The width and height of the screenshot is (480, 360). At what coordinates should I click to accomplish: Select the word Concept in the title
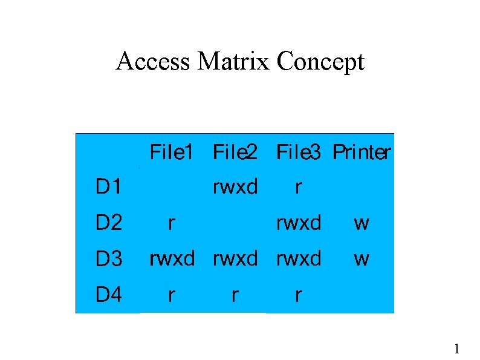coord(320,62)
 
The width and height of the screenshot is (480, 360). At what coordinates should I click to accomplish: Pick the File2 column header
coord(235,152)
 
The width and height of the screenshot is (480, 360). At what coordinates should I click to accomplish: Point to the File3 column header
coord(299,152)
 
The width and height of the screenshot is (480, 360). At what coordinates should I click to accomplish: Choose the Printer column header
coord(362,152)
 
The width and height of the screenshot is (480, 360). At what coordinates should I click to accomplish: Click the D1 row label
coord(108,188)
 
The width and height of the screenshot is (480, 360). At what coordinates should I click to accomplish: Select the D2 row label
coord(109,224)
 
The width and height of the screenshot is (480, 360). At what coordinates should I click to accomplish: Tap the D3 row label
coord(109,260)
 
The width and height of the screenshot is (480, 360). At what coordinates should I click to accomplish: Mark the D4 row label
coord(109,295)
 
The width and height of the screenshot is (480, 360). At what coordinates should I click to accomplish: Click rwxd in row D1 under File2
coord(235,188)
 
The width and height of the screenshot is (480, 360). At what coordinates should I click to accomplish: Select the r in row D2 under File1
coord(172,224)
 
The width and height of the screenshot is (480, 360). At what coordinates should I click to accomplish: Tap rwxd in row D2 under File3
coord(299,224)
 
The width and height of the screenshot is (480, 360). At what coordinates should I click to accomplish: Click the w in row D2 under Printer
coord(362,224)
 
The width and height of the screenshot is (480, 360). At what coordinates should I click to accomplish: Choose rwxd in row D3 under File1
coord(172,260)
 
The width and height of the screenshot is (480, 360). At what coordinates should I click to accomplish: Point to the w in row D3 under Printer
coord(362,260)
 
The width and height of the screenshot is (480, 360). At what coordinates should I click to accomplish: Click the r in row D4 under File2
coord(235,296)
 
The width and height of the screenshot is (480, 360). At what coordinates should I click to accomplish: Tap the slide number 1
coord(457,349)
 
